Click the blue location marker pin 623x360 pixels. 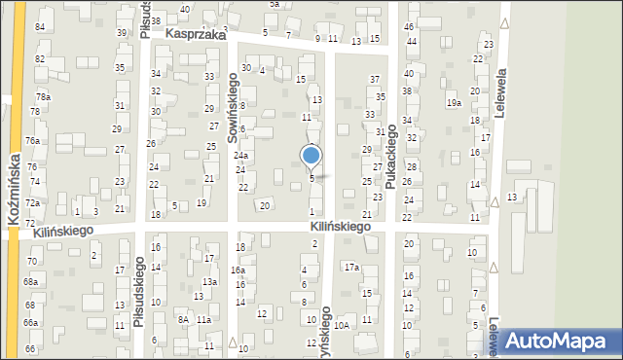[x=311, y=156]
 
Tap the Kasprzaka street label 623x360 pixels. [x=195, y=33]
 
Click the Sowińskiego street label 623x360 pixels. [x=234, y=107]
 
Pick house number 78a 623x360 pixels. [x=43, y=97]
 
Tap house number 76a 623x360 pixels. [x=32, y=141]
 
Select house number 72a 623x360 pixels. [x=32, y=202]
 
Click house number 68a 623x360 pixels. [x=31, y=281]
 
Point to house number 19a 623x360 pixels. [x=453, y=102]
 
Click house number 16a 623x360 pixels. [x=238, y=270]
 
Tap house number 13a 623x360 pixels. [x=209, y=282]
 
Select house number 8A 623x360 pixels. [x=182, y=319]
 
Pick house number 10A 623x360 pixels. [x=341, y=326]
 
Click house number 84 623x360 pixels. [x=40, y=26]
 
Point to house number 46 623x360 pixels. [x=409, y=26]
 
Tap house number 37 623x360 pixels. [x=375, y=78]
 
